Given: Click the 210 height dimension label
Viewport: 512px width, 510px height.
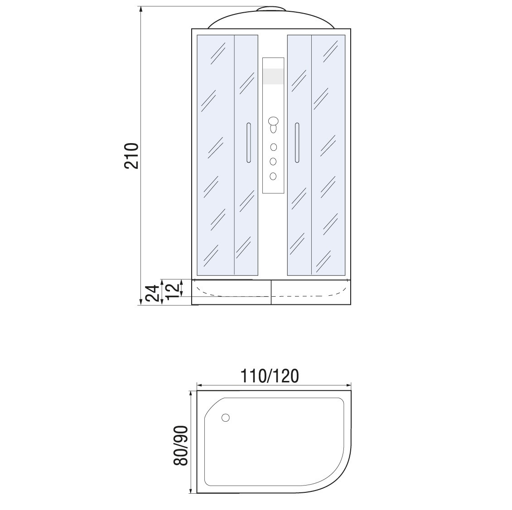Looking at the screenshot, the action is pyautogui.click(x=131, y=156).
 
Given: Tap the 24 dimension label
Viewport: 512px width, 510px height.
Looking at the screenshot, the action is pyautogui.click(x=153, y=293).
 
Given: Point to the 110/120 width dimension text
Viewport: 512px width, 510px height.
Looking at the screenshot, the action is pyautogui.click(x=270, y=376).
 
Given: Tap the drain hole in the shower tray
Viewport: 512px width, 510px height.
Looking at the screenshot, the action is pyautogui.click(x=225, y=418).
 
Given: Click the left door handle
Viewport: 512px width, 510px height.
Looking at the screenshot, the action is pyautogui.click(x=248, y=143).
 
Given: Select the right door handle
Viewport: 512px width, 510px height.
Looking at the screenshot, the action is pyautogui.click(x=297, y=143).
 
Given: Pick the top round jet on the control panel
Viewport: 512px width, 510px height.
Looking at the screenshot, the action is pyautogui.click(x=273, y=147).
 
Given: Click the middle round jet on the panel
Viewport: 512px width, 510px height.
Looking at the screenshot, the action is pyautogui.click(x=273, y=162).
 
